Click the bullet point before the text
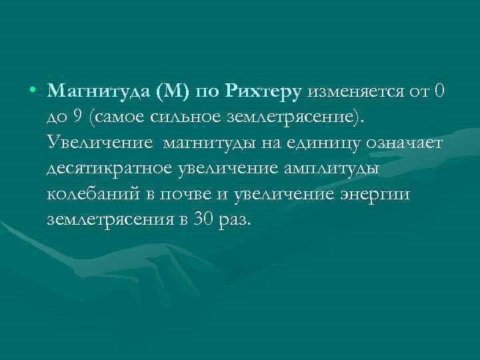[x=33, y=91]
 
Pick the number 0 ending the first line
[x=437, y=91]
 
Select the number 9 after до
[x=78, y=117]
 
